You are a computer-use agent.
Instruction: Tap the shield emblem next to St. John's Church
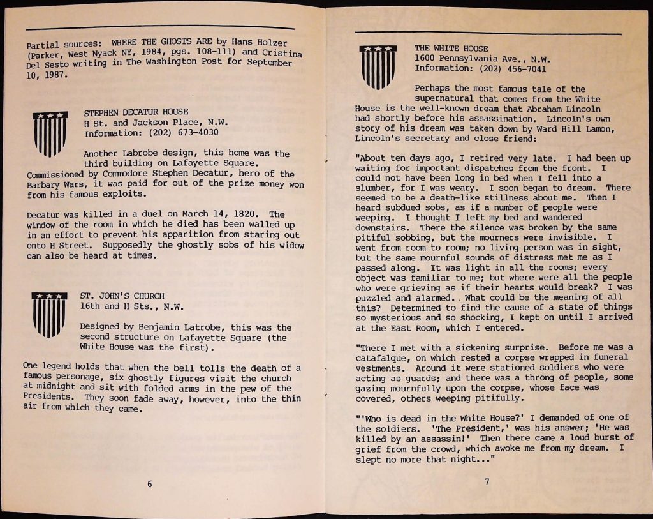point(50,314)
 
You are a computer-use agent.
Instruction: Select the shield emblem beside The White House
point(378,66)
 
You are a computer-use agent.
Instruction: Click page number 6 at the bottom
point(149,483)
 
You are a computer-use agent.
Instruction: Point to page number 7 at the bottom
point(487,481)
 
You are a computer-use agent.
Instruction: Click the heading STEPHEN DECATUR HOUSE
point(136,112)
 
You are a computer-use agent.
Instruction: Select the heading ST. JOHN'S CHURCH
point(122,296)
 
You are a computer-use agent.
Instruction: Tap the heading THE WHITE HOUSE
point(451,48)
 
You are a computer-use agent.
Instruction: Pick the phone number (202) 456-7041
point(514,68)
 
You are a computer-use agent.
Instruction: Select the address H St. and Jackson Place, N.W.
point(156,122)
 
